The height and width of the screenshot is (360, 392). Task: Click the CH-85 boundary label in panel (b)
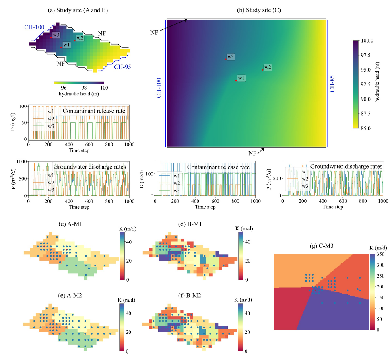pyautogui.click(x=333, y=83)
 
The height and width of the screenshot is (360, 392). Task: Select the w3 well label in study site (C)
pyautogui.click(x=230, y=57)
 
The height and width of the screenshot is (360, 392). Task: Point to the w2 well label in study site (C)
pyautogui.click(x=268, y=67)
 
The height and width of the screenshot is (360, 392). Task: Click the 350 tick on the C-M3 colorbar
pyautogui.click(x=380, y=254)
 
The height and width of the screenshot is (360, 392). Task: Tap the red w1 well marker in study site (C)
pyautogui.click(x=236, y=80)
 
